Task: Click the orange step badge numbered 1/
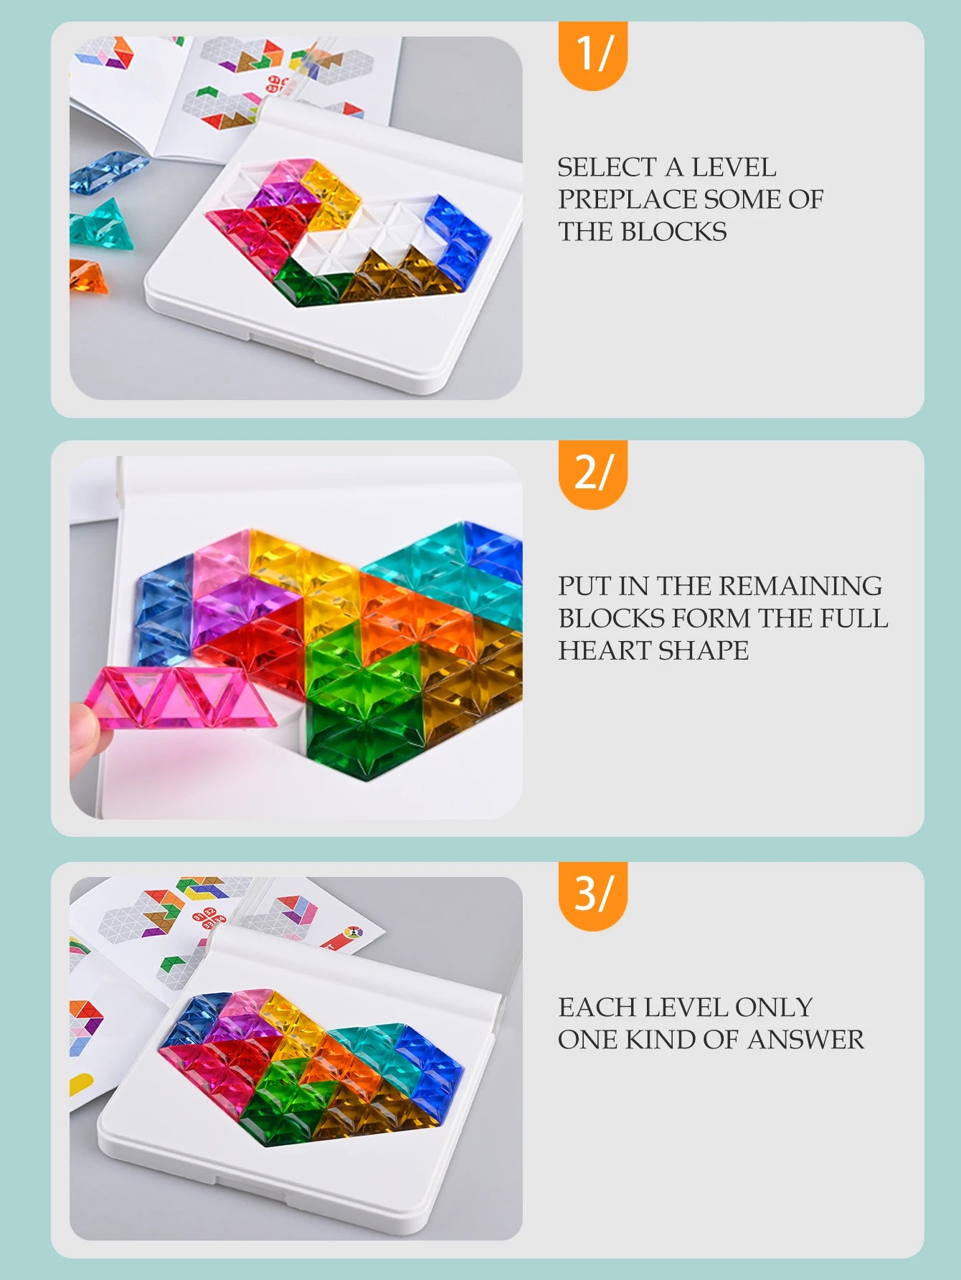[592, 54]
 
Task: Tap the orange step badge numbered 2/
[592, 473]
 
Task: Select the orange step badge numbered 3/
[592, 894]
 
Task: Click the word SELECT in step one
[607, 167]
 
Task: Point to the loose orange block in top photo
[87, 277]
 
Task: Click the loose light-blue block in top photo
[108, 171]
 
